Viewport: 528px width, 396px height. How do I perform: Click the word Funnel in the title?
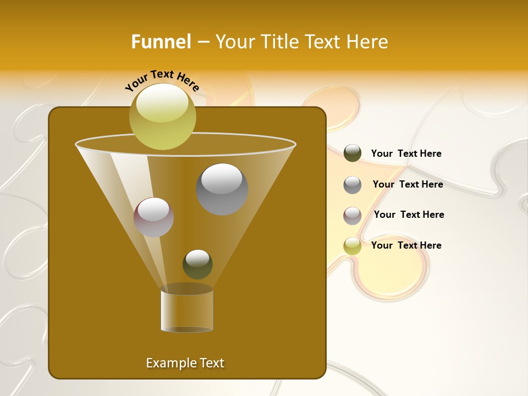click(161, 41)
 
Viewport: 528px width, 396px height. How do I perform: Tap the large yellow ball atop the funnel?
click(162, 116)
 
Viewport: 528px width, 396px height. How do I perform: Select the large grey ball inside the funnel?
click(222, 189)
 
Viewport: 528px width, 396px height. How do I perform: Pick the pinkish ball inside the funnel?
click(153, 217)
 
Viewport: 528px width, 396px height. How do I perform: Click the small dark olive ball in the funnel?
click(197, 264)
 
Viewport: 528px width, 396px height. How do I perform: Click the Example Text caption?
click(185, 363)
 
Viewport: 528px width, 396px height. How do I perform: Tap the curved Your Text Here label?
click(162, 80)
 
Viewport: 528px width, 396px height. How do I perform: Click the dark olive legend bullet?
click(353, 153)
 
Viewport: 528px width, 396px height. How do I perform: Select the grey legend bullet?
click(353, 185)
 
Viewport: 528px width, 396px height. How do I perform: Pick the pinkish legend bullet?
click(353, 216)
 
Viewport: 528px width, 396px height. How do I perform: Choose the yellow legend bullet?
click(353, 246)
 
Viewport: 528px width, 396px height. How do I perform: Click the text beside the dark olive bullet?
click(406, 154)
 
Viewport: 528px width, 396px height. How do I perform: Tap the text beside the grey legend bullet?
click(408, 185)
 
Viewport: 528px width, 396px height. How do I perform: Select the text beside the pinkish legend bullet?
click(409, 215)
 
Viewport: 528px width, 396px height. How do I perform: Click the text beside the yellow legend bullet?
click(406, 246)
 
